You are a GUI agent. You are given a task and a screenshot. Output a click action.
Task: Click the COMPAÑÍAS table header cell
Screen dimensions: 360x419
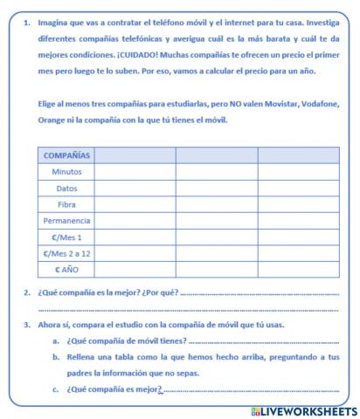66,155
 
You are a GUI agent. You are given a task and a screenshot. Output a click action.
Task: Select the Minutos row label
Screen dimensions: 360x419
66,172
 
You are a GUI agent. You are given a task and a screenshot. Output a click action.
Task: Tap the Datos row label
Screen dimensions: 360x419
66,189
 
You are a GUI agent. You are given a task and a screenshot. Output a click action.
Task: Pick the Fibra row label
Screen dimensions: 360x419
66,204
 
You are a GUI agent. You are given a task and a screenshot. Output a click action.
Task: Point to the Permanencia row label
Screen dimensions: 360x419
66,221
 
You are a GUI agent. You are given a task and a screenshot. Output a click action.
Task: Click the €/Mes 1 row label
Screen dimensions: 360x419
66,237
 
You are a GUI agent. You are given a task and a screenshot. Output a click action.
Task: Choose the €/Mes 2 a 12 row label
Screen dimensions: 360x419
66,253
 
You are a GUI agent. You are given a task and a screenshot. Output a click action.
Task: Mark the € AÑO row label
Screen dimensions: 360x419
66,270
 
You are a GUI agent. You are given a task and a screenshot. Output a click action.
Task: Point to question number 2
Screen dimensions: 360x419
28,293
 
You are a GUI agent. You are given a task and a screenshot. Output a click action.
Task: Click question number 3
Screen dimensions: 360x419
28,325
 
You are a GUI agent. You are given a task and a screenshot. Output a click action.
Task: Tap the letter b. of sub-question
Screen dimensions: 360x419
55,357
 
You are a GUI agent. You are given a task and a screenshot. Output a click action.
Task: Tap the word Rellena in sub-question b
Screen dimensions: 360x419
82,357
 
